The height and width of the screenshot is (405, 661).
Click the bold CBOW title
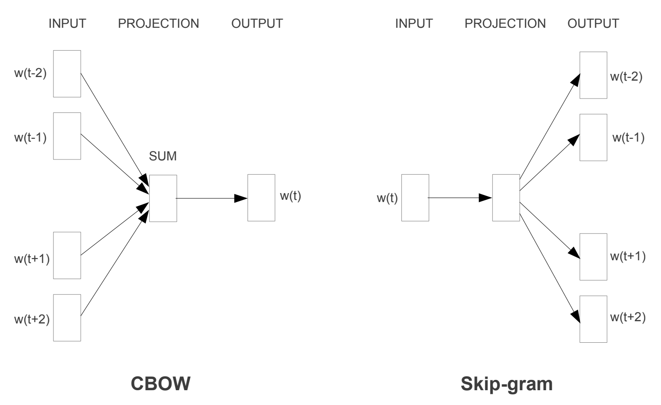point(161,384)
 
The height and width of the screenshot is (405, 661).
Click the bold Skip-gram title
point(507,384)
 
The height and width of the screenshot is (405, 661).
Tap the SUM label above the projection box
point(163,156)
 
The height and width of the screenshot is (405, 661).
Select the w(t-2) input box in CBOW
point(67,73)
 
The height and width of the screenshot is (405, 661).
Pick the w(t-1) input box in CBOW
point(67,136)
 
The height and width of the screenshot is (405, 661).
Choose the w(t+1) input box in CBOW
point(67,255)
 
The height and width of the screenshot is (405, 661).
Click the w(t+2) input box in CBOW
point(67,318)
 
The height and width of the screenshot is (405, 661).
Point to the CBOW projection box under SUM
point(163,198)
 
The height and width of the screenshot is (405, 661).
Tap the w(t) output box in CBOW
point(261,198)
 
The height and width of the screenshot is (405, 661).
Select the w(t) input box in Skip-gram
point(415,198)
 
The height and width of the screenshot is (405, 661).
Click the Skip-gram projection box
point(506,198)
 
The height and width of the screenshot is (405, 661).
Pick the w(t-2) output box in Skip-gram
point(593,75)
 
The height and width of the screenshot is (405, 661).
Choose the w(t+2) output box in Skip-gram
point(593,319)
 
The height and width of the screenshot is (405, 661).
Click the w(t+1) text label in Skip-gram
point(628,257)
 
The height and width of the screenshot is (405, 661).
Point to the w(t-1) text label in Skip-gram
point(628,138)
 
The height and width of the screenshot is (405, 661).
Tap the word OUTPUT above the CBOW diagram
point(257,23)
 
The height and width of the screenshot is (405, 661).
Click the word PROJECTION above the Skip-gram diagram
point(505,23)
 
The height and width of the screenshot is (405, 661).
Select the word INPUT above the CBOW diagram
point(67,23)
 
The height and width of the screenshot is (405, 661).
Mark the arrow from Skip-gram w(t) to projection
point(460,198)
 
